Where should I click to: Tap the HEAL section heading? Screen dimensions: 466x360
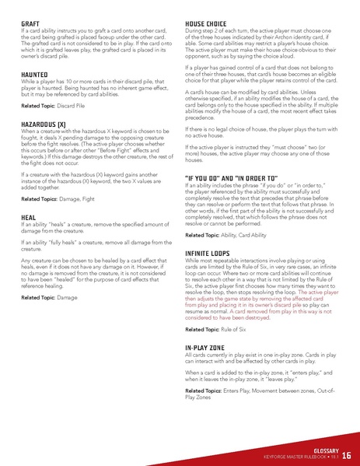coord(29,218)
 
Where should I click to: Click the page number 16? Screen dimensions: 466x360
coord(346,454)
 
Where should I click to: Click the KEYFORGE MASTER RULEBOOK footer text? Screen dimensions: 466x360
coord(296,457)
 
